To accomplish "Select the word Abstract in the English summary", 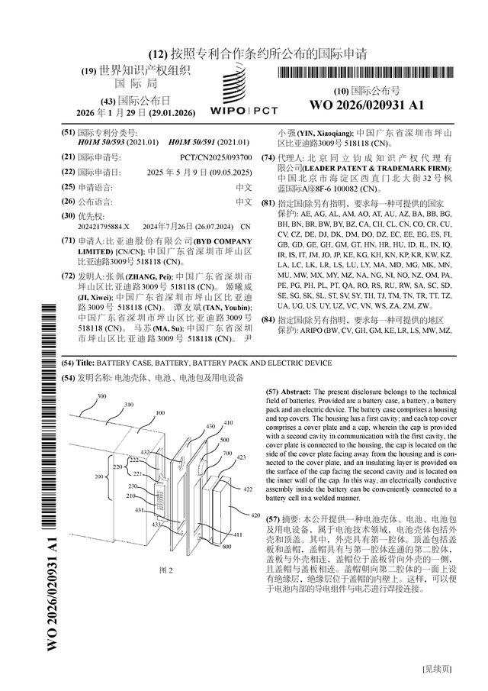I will (297, 390).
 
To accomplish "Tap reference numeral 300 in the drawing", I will (101, 396).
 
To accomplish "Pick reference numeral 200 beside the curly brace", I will (98, 476).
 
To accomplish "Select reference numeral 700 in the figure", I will (226, 454).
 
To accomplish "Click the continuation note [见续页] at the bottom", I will (436, 668).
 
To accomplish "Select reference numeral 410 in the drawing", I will (228, 422).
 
